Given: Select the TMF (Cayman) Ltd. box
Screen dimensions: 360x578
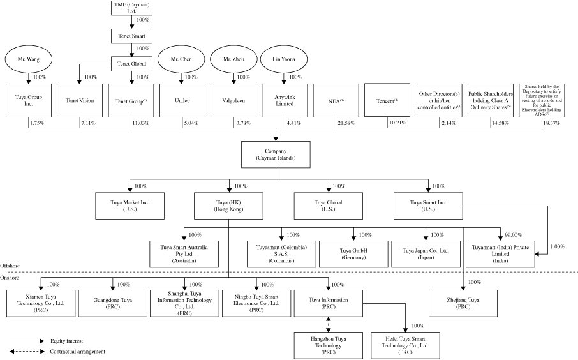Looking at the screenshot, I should point(130,8).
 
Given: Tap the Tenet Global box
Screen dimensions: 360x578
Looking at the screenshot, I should point(130,64).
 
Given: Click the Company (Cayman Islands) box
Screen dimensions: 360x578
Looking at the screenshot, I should point(276,154).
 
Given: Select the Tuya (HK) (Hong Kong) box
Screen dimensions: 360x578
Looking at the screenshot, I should point(230,206).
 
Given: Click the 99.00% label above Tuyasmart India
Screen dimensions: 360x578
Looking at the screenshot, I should point(514,235).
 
